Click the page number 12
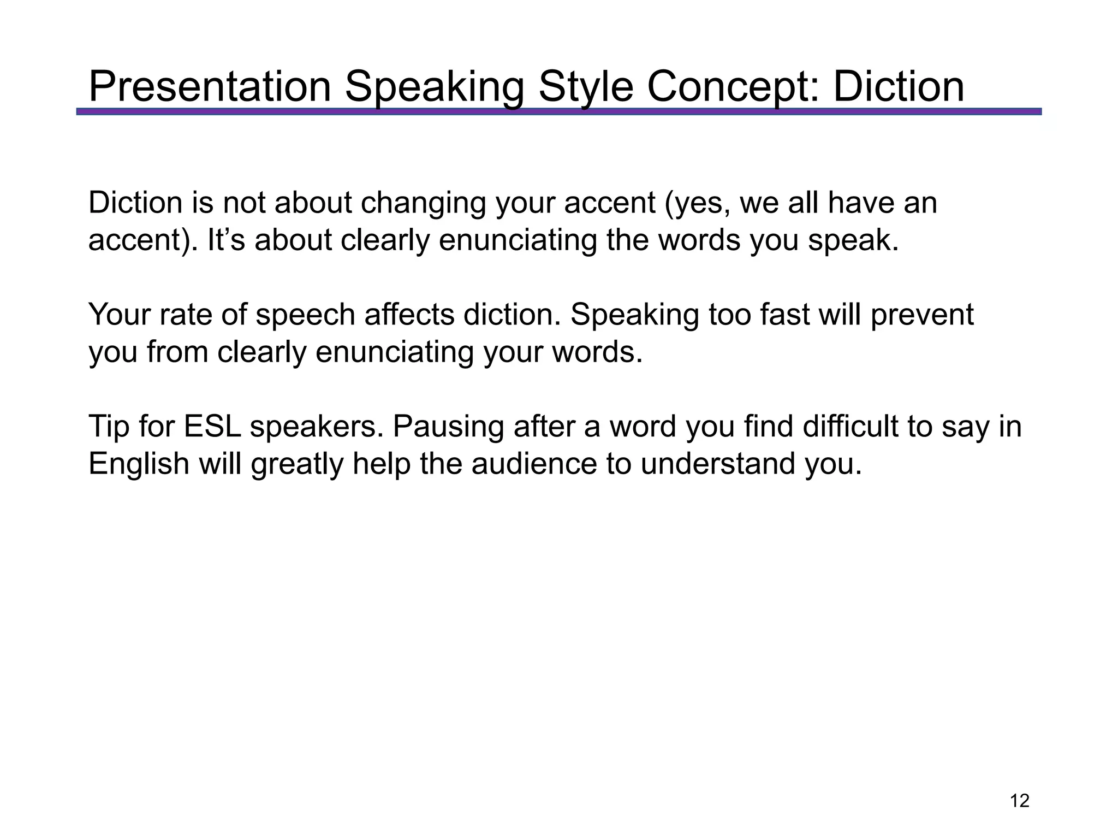1019,801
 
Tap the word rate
188,315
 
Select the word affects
409,315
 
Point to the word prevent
922,315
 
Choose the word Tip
109,427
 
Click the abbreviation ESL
212,427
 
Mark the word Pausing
448,427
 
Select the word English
139,464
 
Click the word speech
305,315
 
